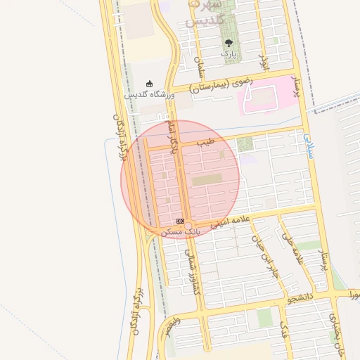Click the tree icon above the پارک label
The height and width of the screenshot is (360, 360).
(x=227, y=43)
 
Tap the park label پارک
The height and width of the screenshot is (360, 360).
(x=227, y=53)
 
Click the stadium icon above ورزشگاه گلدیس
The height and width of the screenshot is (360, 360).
(x=148, y=84)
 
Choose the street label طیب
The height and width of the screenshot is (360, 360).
(x=205, y=142)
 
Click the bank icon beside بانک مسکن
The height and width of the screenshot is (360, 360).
(x=181, y=221)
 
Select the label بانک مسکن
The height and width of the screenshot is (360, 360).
(x=180, y=231)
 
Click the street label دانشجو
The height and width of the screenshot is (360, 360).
(x=301, y=299)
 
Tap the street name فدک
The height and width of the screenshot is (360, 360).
(x=284, y=328)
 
